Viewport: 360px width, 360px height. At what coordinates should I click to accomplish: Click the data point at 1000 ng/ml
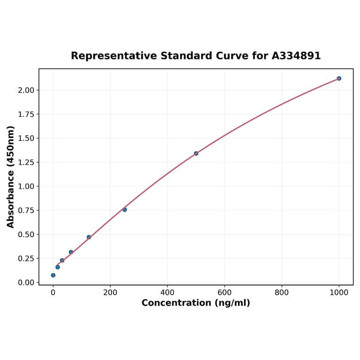[x=339, y=78]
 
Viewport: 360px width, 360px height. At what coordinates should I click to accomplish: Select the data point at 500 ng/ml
[x=196, y=153]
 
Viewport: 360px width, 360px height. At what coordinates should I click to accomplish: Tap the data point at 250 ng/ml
[x=124, y=210]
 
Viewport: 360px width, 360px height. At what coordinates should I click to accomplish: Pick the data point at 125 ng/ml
[x=89, y=237]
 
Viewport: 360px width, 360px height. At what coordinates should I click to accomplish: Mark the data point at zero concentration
[x=53, y=275]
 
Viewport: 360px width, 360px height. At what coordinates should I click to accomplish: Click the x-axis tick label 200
[x=110, y=292]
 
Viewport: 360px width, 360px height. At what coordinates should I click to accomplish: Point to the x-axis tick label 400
[x=167, y=292]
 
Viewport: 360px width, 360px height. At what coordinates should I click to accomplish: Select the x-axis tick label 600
[x=225, y=292]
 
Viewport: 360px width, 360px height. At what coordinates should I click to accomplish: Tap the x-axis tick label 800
[x=282, y=292]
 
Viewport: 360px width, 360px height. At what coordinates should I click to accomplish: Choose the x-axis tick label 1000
[x=339, y=292]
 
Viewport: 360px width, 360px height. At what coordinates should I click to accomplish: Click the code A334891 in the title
[x=296, y=56]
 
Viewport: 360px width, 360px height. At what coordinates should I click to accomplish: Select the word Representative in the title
[x=114, y=56]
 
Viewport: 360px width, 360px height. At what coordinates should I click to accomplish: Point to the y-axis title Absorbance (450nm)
[x=11, y=177]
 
